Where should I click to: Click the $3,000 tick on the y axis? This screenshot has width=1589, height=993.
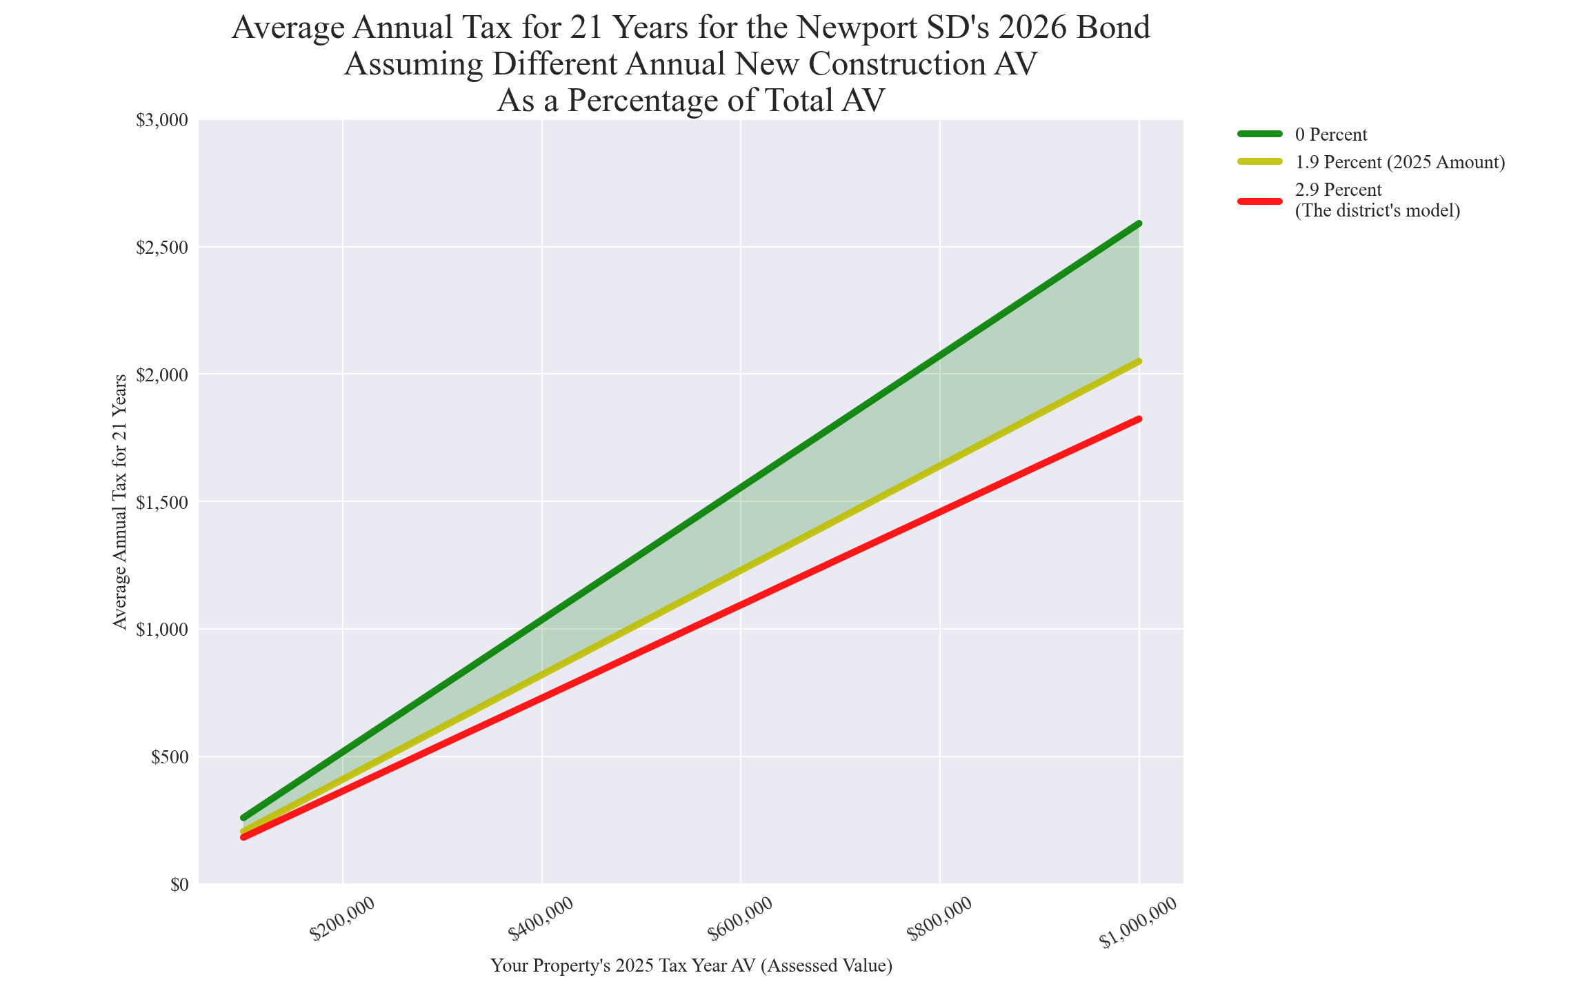pyautogui.click(x=162, y=121)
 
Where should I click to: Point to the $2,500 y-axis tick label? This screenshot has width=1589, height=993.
pyautogui.click(x=162, y=248)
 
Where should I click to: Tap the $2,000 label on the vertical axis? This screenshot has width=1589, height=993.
pyautogui.click(x=162, y=375)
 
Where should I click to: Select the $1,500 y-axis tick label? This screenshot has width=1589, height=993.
pyautogui.click(x=162, y=503)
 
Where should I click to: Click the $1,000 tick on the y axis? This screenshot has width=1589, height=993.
pyautogui.click(x=162, y=630)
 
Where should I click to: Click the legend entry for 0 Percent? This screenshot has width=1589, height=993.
pyautogui.click(x=1331, y=134)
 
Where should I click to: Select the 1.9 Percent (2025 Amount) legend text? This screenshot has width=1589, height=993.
pyautogui.click(x=1399, y=162)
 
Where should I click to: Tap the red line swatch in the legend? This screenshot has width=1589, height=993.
pyautogui.click(x=1260, y=201)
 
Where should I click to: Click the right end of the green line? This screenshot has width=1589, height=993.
pyautogui.click(x=1139, y=223)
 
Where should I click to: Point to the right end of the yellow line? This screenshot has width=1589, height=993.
pyautogui.click(x=1139, y=361)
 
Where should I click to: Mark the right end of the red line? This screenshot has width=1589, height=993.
pyautogui.click(x=1139, y=419)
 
